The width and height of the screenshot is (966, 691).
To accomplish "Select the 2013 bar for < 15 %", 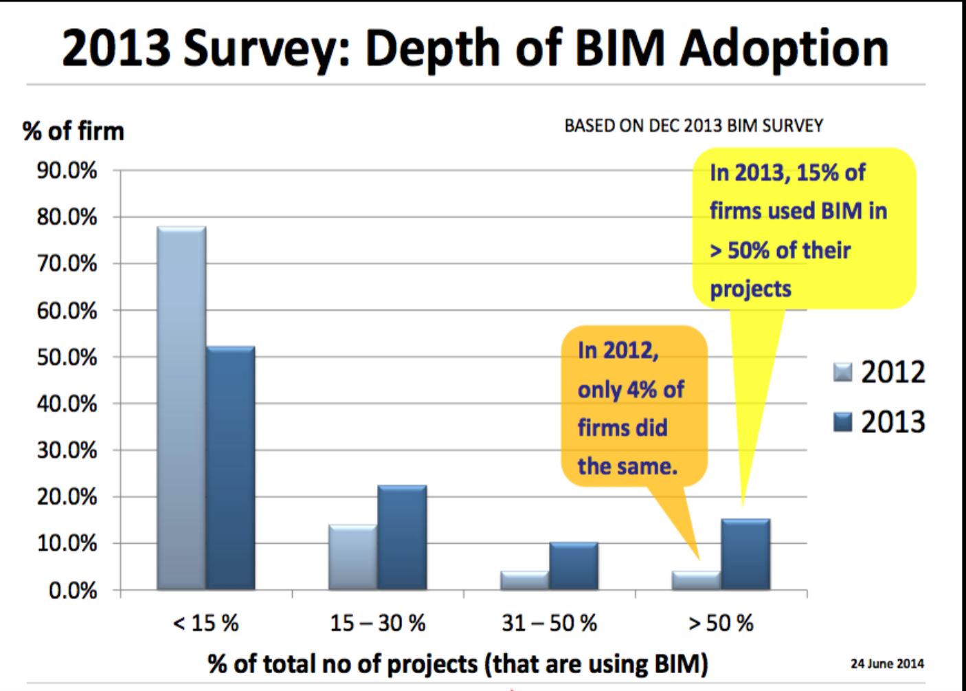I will pos(230,468).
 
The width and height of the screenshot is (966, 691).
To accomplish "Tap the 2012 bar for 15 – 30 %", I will pos(352,558).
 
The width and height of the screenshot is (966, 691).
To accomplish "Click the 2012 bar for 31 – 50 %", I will pos(524,580).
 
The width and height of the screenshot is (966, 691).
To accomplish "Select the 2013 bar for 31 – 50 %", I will pos(574,566).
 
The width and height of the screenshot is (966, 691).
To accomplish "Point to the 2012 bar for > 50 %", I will pos(696,580).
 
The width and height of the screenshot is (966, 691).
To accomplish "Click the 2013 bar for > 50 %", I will pos(745,554).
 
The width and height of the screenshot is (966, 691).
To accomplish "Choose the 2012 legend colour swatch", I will pos(842,372).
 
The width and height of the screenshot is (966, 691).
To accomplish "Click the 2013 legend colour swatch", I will pos(842,421).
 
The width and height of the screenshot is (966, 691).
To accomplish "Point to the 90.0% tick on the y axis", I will pos(67,171).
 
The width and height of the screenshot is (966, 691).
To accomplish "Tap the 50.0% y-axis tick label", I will pos(67,358).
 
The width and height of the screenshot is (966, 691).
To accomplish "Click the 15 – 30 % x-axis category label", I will pos(377,624).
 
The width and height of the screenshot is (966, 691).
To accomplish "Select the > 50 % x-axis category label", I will pos(721,624).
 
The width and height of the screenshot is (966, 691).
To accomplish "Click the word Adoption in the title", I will pos(784,48).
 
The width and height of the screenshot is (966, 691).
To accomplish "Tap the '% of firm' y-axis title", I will pos(74,131).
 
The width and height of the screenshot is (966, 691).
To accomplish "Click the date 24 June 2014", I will pos(887,663).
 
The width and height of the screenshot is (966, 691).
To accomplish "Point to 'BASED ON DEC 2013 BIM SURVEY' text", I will pos(693,126).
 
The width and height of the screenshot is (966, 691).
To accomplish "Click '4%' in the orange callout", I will pos(642,390).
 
